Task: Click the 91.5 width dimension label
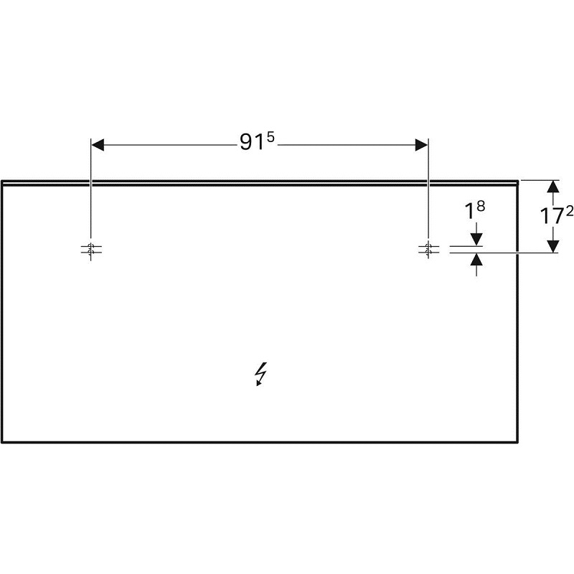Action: click(257, 141)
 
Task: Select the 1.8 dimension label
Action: click(475, 210)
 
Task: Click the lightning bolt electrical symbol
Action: click(260, 374)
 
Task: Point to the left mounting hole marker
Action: click(91, 250)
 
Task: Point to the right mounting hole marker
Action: click(428, 250)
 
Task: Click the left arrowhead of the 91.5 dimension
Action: click(98, 145)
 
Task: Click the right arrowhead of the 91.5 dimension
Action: click(421, 145)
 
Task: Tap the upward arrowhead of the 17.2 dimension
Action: click(553, 187)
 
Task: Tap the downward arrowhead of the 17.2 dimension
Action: click(553, 246)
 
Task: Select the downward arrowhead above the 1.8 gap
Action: click(476, 240)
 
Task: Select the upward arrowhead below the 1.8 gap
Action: click(476, 260)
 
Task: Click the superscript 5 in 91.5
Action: click(270, 138)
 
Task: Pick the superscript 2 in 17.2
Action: click(569, 211)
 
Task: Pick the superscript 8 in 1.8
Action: click(481, 206)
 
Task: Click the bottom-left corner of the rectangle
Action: click(2, 442)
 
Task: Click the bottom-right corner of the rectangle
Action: click(517, 442)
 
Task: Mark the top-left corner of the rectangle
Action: click(2, 182)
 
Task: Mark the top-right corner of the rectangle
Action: click(517, 182)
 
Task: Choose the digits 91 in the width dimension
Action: click(252, 142)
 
